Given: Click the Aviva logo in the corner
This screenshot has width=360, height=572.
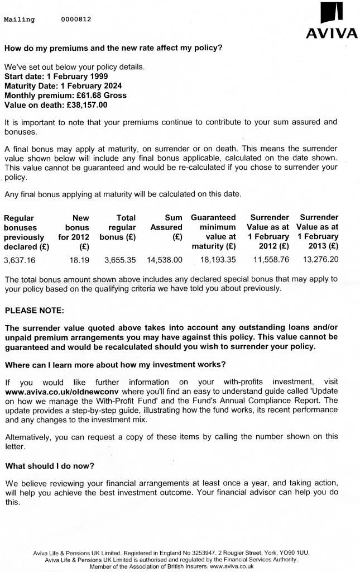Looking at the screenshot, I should pyautogui.click(x=332, y=22).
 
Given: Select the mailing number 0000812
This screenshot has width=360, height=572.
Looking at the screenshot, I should pyautogui.click(x=76, y=20).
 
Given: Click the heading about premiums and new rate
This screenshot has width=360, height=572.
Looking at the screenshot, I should pyautogui.click(x=113, y=47).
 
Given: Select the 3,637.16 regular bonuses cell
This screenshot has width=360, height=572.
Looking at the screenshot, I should pyautogui.click(x=19, y=260).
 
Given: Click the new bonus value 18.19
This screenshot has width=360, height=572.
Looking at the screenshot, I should pyautogui.click(x=79, y=260).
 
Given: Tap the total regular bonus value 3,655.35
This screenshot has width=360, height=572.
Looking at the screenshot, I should pyautogui.click(x=120, y=260).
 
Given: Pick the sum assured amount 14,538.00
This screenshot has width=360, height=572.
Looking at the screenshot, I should pyautogui.click(x=164, y=260).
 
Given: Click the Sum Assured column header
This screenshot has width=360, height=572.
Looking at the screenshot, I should pyautogui.click(x=166, y=222).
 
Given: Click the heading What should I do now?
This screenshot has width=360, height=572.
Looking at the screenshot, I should pyautogui.click(x=50, y=465).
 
